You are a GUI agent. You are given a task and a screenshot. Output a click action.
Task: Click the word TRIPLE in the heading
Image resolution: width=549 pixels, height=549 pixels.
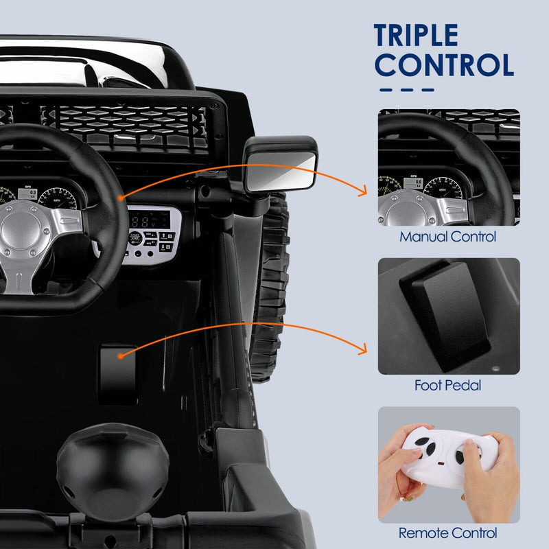(x=416, y=36)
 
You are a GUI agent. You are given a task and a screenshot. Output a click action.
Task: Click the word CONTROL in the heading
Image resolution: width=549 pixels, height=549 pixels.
(x=445, y=65)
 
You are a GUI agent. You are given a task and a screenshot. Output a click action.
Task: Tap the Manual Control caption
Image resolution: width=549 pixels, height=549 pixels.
(x=448, y=237)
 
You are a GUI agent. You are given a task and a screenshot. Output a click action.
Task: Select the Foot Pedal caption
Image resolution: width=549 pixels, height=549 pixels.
(x=448, y=385)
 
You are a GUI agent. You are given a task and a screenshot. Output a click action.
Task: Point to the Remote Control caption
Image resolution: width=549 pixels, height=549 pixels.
(x=448, y=532)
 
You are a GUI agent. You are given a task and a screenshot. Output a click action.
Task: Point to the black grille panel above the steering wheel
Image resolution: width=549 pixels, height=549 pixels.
(x=130, y=124)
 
